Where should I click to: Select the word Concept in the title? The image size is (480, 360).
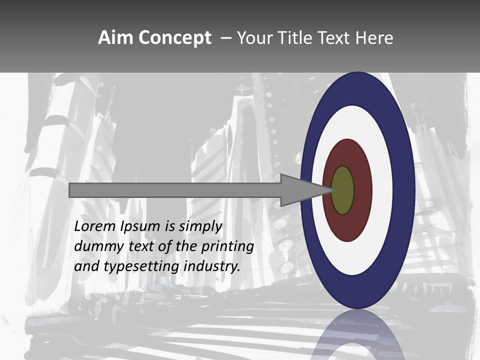pyautogui.click(x=174, y=38)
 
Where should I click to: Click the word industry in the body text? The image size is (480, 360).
pyautogui.click(x=212, y=266)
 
